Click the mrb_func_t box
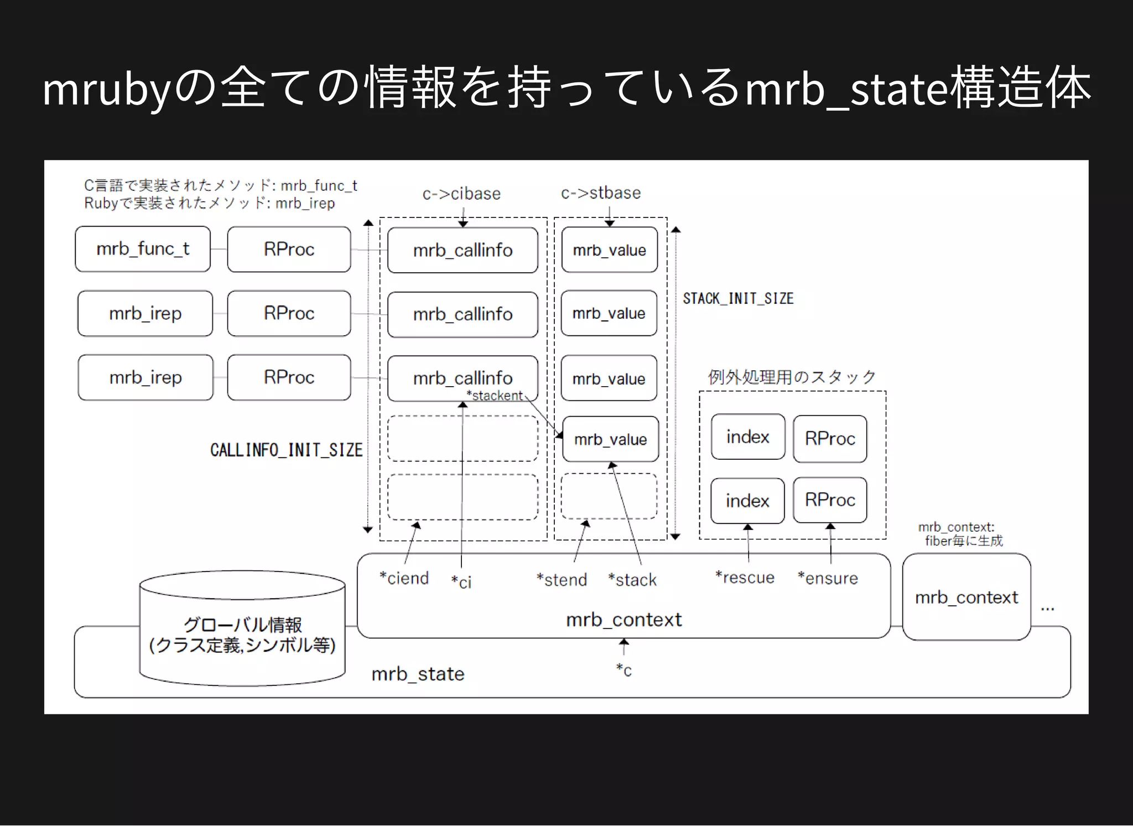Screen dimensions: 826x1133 pos(142,249)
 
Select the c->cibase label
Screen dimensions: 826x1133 pos(461,194)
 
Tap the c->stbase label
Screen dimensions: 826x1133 pos(601,193)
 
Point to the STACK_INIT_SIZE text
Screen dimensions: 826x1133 pos(738,299)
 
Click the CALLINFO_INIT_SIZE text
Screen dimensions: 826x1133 pos(286,450)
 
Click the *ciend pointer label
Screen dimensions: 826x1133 pos(404,578)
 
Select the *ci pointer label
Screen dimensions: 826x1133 pos(461,581)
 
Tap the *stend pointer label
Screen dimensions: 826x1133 pos(562,580)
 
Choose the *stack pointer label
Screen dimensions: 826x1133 pos(632,580)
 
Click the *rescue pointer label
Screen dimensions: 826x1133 pos(745,578)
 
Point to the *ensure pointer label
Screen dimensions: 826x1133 pos(828,578)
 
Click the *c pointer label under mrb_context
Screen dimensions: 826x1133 pos(624,670)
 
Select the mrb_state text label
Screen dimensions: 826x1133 pos(418,674)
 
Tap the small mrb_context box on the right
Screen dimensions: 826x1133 pos(966,598)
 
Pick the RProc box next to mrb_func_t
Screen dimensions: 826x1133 pos(289,249)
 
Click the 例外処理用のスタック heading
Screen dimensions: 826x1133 pos(792,377)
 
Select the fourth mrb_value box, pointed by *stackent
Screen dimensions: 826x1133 pos(610,439)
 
